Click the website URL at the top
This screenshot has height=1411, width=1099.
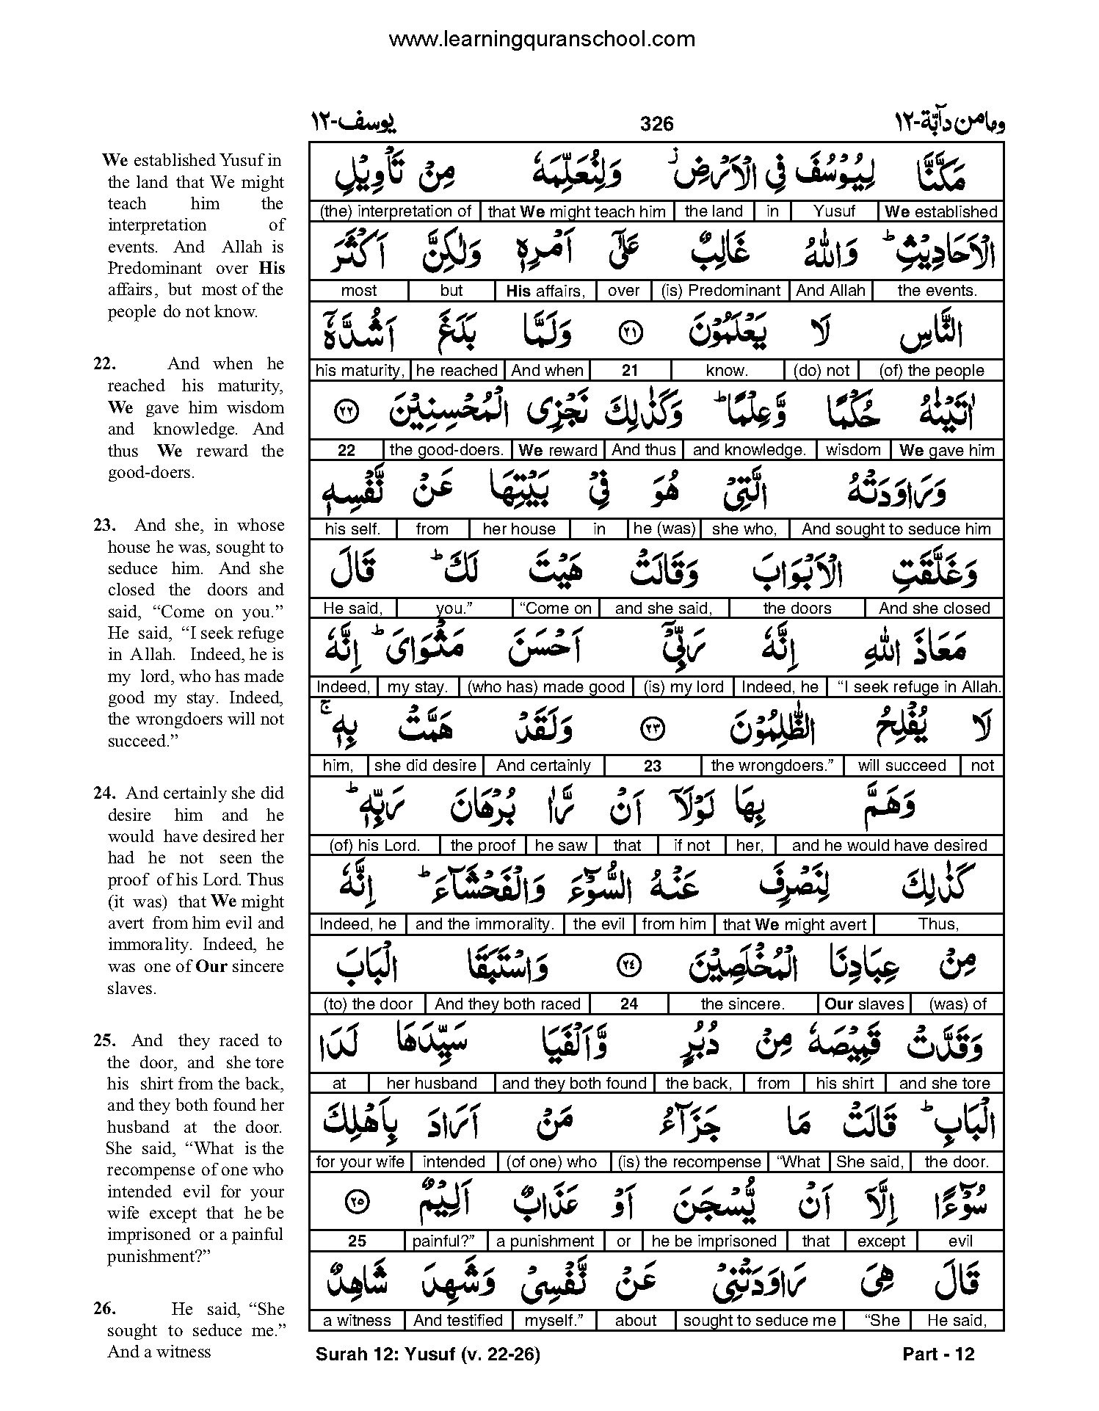pyautogui.click(x=541, y=39)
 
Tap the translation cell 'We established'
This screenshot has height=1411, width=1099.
pyautogui.click(x=940, y=212)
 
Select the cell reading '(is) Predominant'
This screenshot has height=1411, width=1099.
pyautogui.click(x=721, y=291)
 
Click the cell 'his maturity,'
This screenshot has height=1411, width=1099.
pyautogui.click(x=360, y=371)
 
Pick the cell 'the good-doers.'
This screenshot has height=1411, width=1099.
pyautogui.click(x=446, y=450)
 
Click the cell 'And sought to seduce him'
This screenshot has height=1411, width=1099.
pyautogui.click(x=896, y=529)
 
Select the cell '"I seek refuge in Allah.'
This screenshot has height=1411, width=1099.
pyautogui.click(x=915, y=687)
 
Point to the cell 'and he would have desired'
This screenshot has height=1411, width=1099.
pyautogui.click(x=889, y=846)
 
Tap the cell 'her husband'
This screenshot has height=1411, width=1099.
pyautogui.click(x=432, y=1083)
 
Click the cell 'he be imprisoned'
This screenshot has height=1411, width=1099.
pyautogui.click(x=714, y=1241)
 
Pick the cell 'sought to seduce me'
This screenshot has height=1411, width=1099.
pyautogui.click(x=759, y=1321)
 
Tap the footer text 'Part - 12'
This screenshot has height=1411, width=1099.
pyautogui.click(x=937, y=1354)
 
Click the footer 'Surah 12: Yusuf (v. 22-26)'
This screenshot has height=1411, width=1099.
pyautogui.click(x=427, y=1354)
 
